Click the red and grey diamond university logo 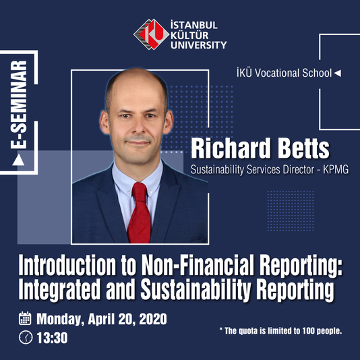tap(151, 34)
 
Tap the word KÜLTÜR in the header tap(189, 35)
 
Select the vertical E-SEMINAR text tap(19, 104)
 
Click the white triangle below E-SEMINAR tap(18, 160)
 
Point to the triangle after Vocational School tap(338, 73)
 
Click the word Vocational tap(277, 73)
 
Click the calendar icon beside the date tap(25, 318)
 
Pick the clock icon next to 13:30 tap(26, 337)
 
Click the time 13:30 tap(52, 338)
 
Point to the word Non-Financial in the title tap(198, 265)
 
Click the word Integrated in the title tap(59, 290)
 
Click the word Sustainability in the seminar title tap(195, 290)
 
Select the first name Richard tap(231, 148)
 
